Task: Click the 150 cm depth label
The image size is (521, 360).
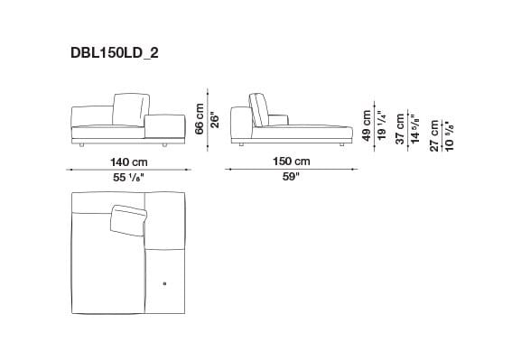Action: tap(291, 162)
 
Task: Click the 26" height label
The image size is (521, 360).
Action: tap(216, 118)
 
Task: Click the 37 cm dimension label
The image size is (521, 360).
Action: tap(400, 129)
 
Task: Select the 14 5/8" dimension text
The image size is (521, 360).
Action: tap(414, 129)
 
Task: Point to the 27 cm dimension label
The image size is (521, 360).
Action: tap(434, 134)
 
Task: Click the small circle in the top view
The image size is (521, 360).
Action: tap(164, 285)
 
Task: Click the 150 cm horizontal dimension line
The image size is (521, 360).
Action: tap(291, 170)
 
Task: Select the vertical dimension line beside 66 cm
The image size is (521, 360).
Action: tap(209, 116)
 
